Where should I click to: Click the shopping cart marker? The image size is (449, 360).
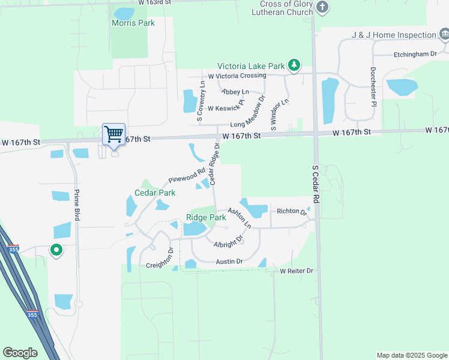[113, 134]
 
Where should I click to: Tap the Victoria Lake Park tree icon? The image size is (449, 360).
[294, 65]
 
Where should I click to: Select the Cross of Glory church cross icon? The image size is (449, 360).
[323, 8]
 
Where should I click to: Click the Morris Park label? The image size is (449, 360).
[133, 23]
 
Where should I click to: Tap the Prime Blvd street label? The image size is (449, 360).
[77, 205]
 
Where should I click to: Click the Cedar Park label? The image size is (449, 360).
[155, 193]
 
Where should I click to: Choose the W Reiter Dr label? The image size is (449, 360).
[297, 271]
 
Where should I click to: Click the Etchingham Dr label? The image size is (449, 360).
[415, 54]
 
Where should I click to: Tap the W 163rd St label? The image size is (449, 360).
[154, 3]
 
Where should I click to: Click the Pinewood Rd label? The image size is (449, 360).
[187, 175]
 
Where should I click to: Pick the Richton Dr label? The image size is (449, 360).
[292, 211]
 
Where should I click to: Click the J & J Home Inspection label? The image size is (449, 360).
[394, 35]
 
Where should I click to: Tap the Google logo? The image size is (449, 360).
[20, 353]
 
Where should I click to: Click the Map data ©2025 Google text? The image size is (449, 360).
[411, 355]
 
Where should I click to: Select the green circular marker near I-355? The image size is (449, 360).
[56, 249]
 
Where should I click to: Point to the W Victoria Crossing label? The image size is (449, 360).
[237, 76]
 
